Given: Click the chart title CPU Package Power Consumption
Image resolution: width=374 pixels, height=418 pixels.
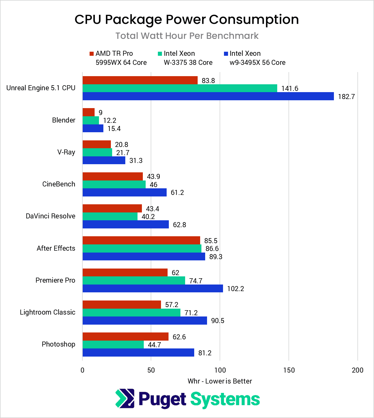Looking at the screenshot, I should tap(187, 19).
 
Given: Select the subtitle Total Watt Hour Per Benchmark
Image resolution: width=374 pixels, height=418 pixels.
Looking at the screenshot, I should tap(187, 36).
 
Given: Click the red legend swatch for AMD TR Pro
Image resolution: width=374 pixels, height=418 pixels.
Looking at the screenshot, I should tap(91, 54).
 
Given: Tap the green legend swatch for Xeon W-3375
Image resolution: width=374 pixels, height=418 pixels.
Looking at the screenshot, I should tap(160, 54).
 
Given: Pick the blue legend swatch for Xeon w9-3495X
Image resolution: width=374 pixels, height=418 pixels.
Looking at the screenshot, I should tap(226, 54).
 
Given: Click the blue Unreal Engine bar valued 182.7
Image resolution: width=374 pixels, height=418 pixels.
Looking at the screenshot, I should tap(208, 96).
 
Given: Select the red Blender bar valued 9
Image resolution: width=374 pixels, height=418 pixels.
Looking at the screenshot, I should tap(89, 112).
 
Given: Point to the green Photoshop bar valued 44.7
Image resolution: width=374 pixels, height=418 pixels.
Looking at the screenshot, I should tap(113, 345).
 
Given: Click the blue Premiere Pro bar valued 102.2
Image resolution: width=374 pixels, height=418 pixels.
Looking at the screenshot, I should tap(153, 289).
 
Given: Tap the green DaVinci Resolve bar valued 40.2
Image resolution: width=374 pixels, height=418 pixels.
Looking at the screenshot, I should tap(110, 217).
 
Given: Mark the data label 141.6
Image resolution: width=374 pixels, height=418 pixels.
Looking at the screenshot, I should tap(289, 88).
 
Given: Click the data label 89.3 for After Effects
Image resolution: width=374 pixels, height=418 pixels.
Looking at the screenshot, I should tap(216, 257).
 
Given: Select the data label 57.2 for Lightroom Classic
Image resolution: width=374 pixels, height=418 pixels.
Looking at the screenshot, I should tap(172, 305).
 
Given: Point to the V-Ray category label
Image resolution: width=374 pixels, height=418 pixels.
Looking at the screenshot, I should tap(66, 152).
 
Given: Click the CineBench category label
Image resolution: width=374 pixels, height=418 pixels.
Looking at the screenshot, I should tap(59, 184).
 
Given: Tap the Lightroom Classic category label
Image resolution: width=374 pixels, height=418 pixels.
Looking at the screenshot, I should tap(47, 312).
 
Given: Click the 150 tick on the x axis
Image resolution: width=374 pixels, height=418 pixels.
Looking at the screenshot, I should tap(288, 370).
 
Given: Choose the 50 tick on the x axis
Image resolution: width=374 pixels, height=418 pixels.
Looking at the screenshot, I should tap(151, 370).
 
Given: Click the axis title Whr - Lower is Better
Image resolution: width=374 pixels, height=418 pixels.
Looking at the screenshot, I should tap(220, 381).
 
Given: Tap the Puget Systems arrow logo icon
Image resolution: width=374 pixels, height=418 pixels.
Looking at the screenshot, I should tap(125, 399).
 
